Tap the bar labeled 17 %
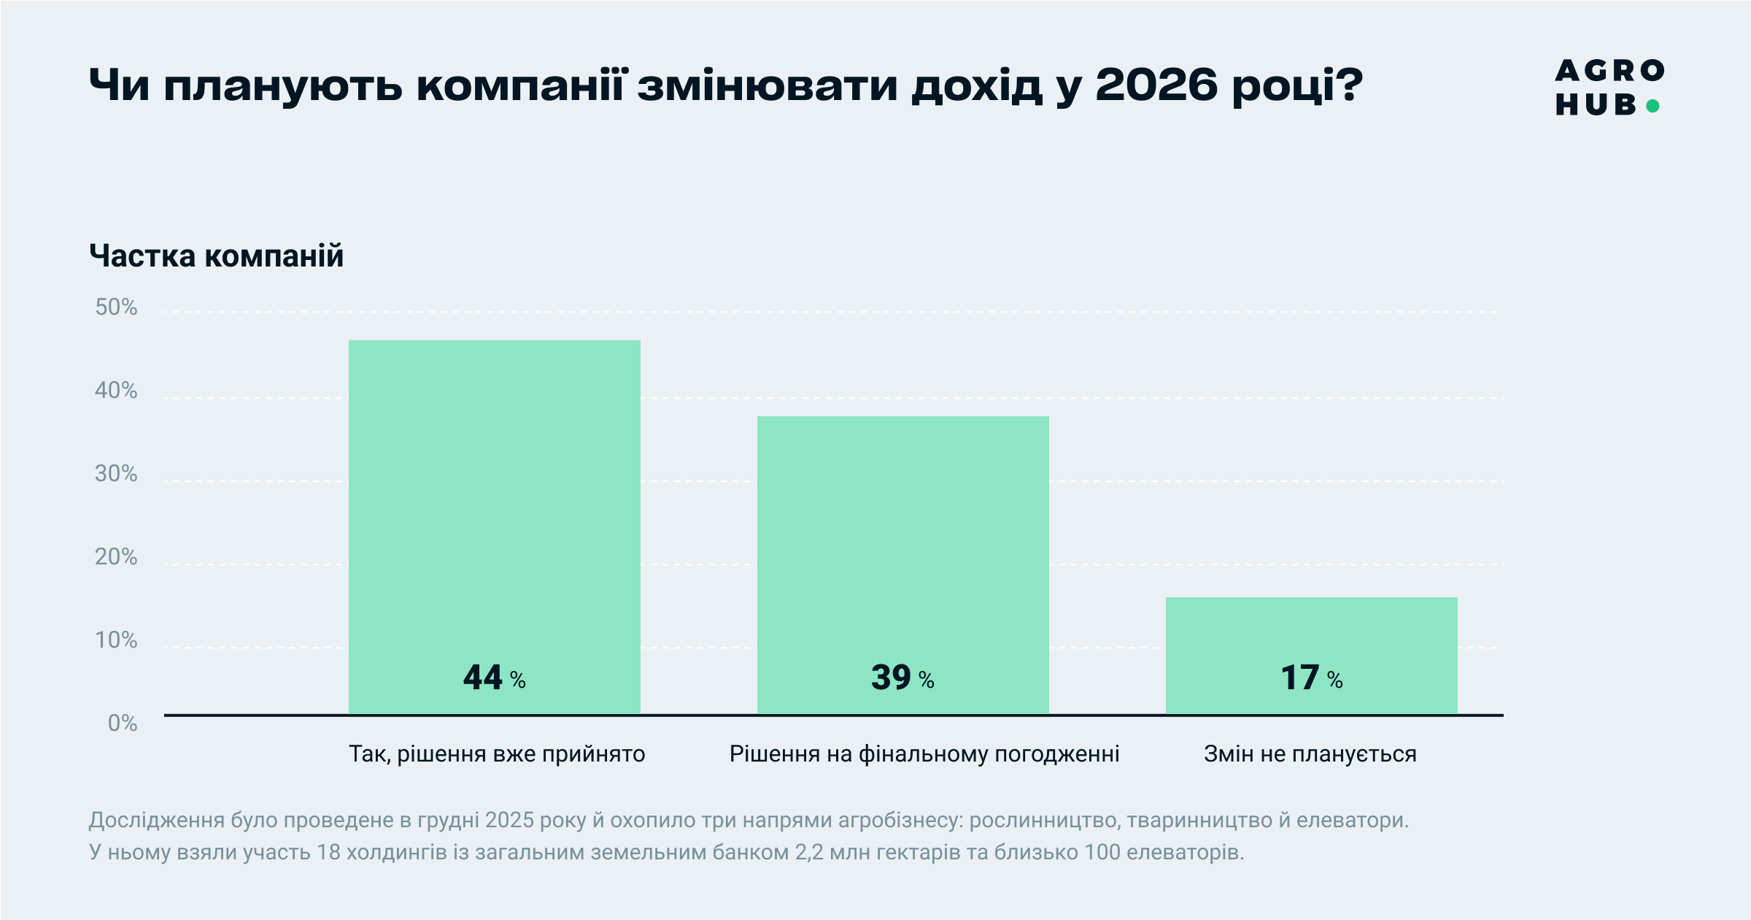(1311, 643)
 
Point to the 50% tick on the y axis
(116, 307)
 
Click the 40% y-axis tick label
(116, 391)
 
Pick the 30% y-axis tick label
(116, 474)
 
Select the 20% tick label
(116, 557)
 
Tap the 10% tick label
(116, 640)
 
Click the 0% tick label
(123, 724)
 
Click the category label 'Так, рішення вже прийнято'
(497, 754)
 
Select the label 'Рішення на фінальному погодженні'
(924, 754)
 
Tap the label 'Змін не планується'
(1310, 754)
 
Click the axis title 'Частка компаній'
(216, 256)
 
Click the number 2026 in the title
(1156, 85)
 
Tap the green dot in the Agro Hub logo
(1653, 107)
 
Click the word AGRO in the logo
(1609, 71)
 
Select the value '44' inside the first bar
(482, 678)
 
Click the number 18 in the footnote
(328, 852)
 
